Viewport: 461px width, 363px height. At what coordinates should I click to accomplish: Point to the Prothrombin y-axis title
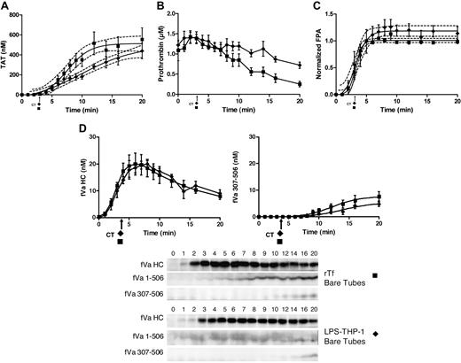click(160, 55)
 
